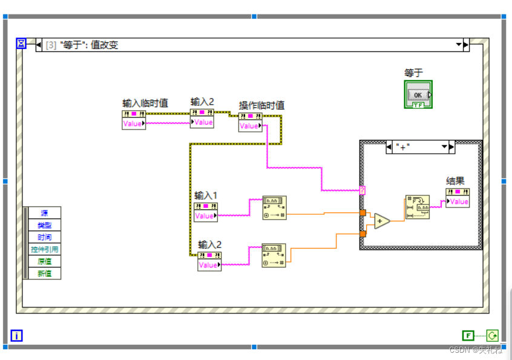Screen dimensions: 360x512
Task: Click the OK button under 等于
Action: [x=418, y=95]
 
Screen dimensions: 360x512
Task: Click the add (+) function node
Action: [x=382, y=221]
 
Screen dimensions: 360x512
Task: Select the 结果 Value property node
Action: [x=457, y=198]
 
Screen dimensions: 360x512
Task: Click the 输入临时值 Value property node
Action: [x=133, y=120]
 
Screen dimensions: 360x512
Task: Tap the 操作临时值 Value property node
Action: [x=250, y=123]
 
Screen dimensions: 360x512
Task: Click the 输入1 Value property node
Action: [x=205, y=212]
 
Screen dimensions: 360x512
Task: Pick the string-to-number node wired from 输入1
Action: [x=274, y=207]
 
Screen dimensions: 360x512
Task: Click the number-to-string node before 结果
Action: [x=417, y=207]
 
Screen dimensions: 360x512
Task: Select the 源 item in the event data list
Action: [x=45, y=213]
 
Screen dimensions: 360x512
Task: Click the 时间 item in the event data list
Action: [x=45, y=237]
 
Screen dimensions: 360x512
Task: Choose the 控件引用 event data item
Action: [x=45, y=249]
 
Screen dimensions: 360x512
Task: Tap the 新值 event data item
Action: [x=45, y=273]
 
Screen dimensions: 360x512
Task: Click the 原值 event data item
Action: [x=45, y=261]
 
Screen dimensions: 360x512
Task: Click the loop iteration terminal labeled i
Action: [x=17, y=335]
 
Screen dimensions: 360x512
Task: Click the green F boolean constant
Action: [x=468, y=335]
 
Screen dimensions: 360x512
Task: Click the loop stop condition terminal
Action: [x=492, y=335]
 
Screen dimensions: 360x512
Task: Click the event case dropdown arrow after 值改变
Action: [x=459, y=45]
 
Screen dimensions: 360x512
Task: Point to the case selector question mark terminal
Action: [x=363, y=191]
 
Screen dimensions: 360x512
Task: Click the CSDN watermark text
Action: [x=475, y=350]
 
